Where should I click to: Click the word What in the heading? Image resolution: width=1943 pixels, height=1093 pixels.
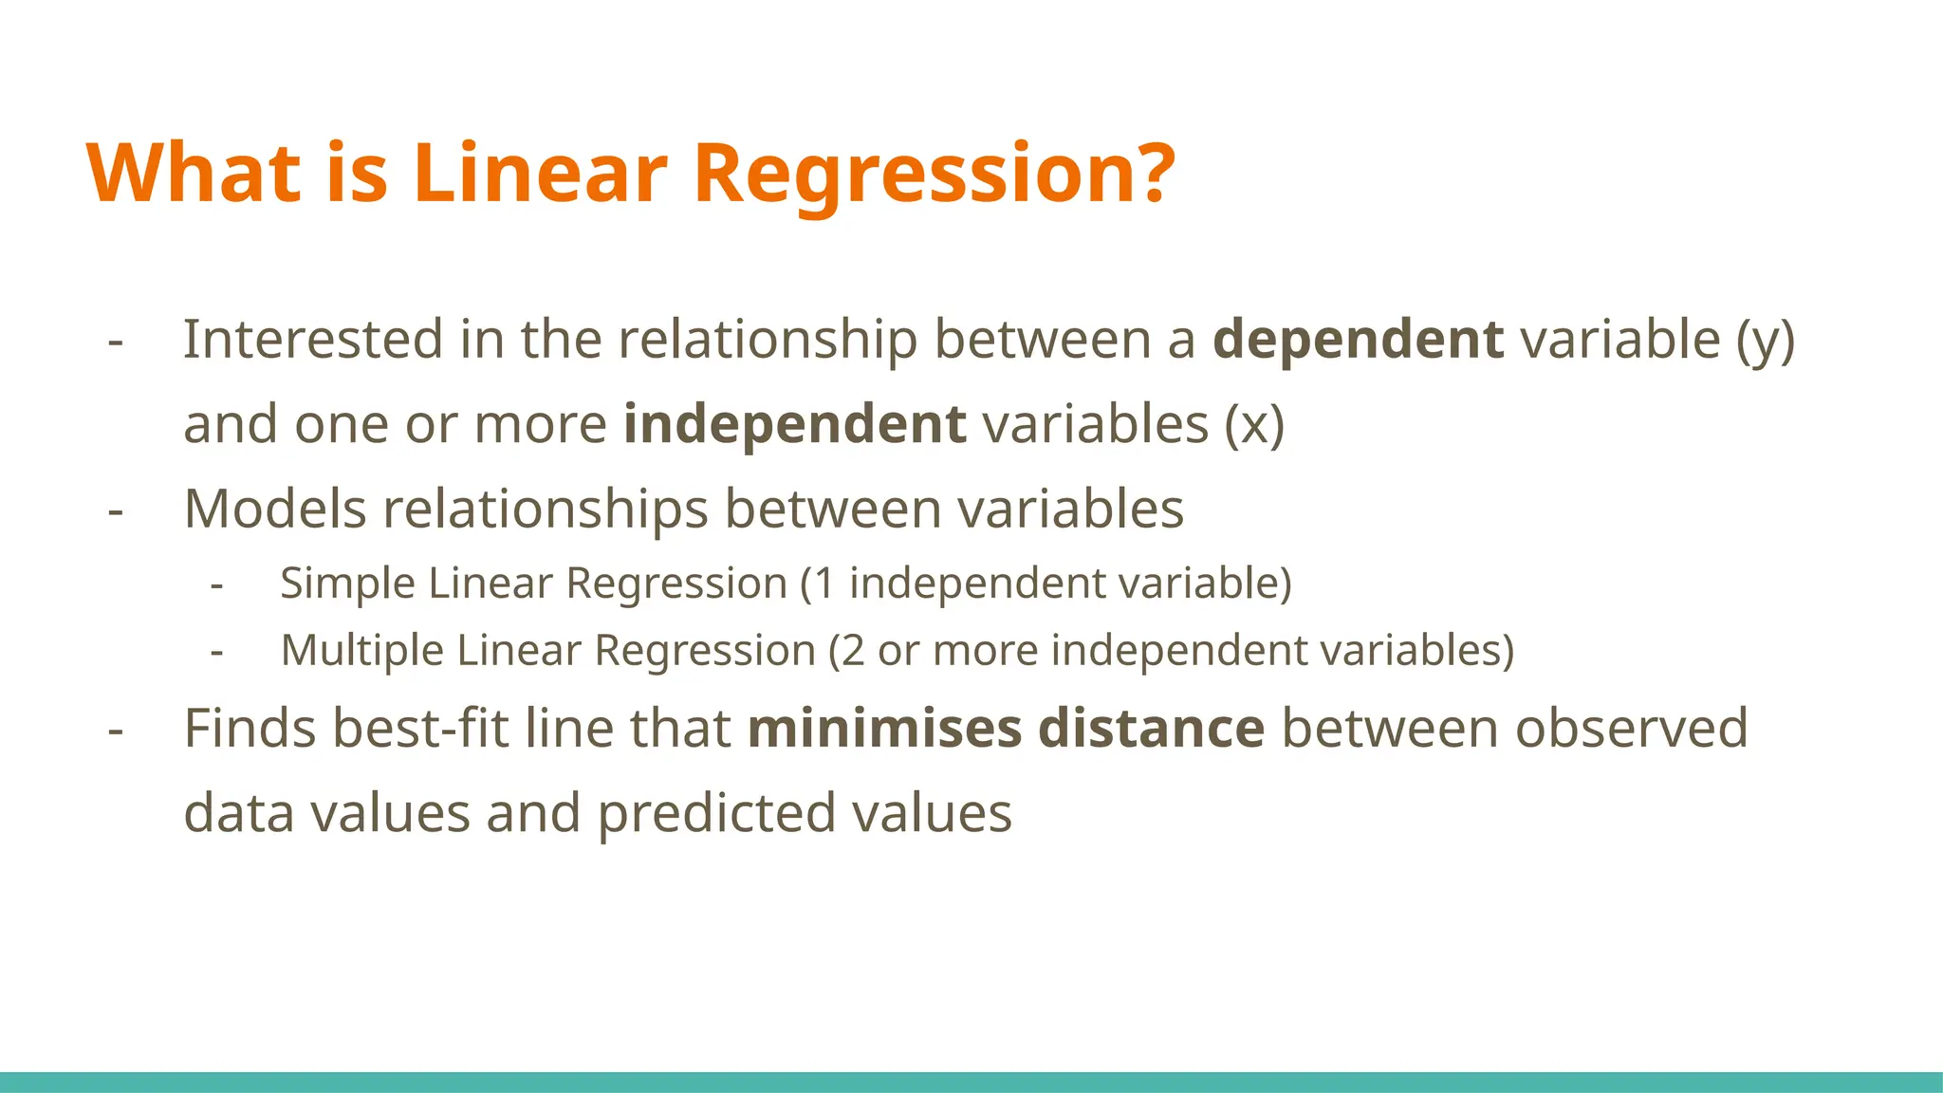[194, 173]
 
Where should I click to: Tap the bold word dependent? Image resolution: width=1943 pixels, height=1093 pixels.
[1358, 339]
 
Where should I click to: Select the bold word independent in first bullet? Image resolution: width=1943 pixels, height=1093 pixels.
[794, 423]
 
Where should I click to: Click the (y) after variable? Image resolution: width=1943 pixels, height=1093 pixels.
[1766, 340]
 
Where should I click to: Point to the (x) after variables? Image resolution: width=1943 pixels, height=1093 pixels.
[1254, 424]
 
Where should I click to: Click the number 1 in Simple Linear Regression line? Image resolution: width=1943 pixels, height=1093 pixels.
[823, 583]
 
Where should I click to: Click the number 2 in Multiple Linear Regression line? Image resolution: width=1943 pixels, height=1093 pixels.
[852, 651]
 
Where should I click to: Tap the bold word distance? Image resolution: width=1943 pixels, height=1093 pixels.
[1151, 728]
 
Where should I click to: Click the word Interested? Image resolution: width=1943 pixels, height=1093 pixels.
[313, 339]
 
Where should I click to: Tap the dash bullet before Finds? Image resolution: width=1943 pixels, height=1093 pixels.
[116, 730]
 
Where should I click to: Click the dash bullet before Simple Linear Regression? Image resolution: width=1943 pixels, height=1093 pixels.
[217, 584]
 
